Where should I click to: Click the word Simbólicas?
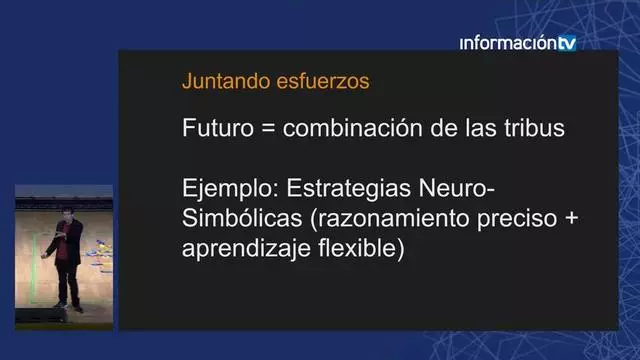[240, 219]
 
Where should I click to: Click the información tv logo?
[518, 43]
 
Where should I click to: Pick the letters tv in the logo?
[567, 43]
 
